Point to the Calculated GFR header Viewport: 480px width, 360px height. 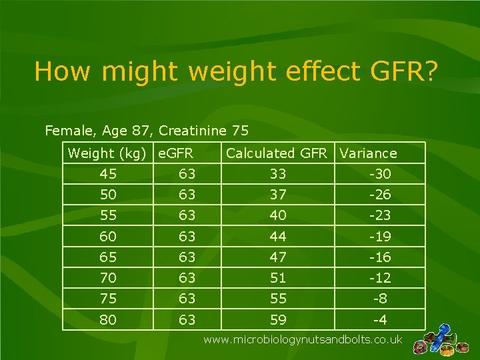click(x=277, y=153)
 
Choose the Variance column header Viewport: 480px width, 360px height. click(x=368, y=153)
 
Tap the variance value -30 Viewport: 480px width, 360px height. click(x=379, y=175)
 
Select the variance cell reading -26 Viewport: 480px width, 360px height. click(x=379, y=195)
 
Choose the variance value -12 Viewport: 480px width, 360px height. click(x=379, y=278)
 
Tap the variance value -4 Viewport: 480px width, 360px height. click(x=379, y=320)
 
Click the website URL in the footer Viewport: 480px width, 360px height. click(x=303, y=340)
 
